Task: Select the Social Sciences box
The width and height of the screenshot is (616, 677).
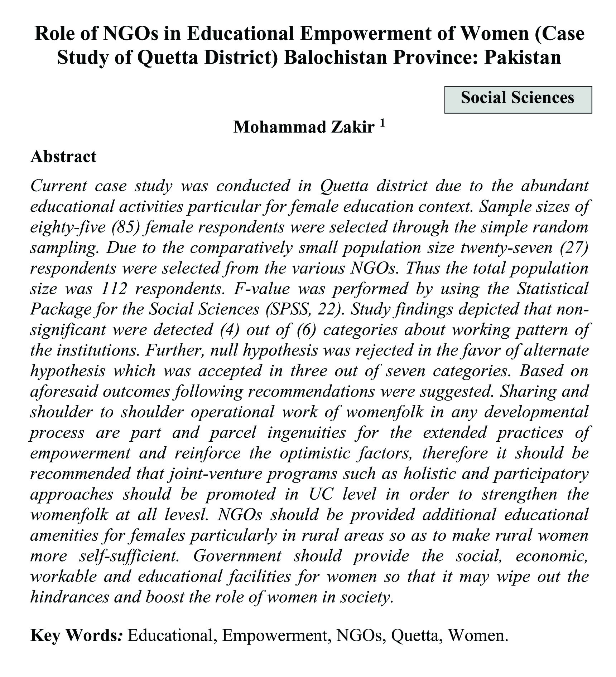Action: click(518, 99)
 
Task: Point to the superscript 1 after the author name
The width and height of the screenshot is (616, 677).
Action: click(381, 123)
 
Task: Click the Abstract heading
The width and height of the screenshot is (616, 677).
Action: click(63, 157)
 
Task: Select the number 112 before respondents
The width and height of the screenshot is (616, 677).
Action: click(114, 289)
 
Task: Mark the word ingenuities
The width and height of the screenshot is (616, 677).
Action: click(307, 433)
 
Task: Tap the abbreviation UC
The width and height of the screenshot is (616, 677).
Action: click(321, 494)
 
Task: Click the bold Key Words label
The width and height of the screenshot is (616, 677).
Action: click(77, 636)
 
